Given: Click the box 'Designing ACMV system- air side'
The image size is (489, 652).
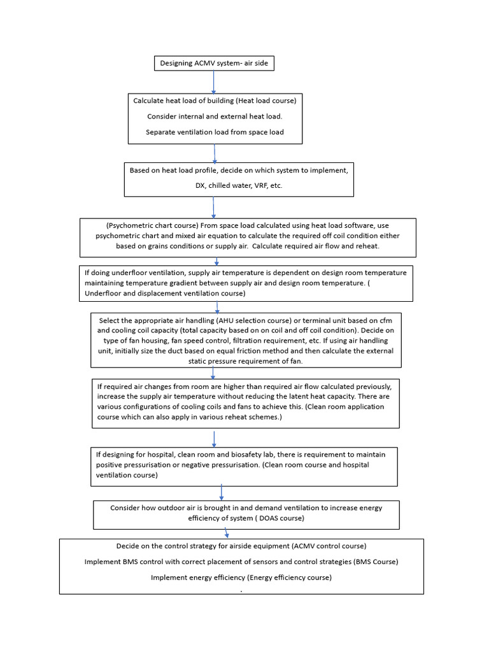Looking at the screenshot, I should click(214, 63).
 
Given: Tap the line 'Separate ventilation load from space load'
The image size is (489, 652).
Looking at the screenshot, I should click(215, 132).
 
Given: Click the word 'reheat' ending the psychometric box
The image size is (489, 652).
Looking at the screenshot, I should click(369, 246).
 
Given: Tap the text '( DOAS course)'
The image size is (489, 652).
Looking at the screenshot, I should click(282, 518).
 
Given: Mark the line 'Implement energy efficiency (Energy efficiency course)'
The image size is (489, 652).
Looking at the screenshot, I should click(241, 578).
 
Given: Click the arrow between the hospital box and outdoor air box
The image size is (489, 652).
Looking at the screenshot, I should click(222, 492).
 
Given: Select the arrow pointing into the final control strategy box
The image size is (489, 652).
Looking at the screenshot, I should click(227, 534).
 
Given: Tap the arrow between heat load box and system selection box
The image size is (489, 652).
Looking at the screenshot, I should click(215, 153).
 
